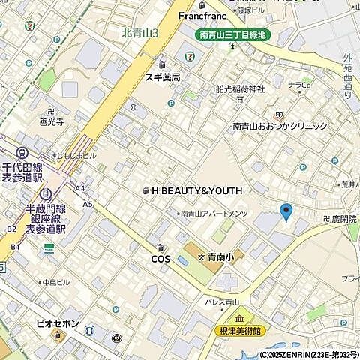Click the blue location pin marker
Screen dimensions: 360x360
[x=285, y=212]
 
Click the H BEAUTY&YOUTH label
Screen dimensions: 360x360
[x=196, y=190]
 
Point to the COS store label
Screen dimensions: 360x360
[x=160, y=259]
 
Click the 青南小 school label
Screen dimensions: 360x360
[x=220, y=257]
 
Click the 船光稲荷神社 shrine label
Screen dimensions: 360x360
[x=241, y=90]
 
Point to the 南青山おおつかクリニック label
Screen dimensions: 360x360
[x=280, y=127]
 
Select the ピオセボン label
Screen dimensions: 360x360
[x=57, y=323]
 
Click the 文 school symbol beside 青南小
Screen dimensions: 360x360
[x=201, y=257]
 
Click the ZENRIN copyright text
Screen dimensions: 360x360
[x=308, y=354]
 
